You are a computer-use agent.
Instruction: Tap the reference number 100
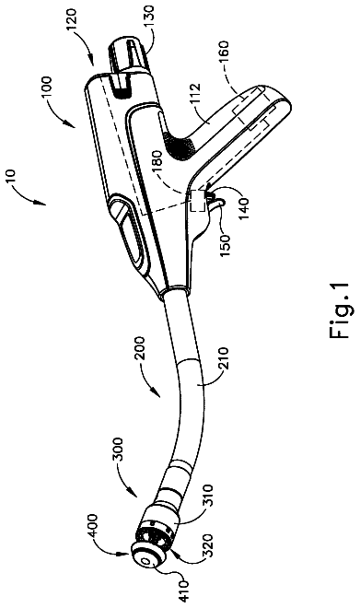[x=46, y=88]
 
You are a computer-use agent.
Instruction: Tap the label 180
[x=160, y=158]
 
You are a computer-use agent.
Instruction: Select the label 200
[x=140, y=348]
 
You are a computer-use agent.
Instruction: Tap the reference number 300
[x=118, y=449]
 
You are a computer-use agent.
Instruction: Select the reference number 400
[x=94, y=525]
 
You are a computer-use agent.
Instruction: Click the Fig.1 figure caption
[x=340, y=311]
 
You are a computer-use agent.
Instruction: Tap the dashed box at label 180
[x=197, y=201]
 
